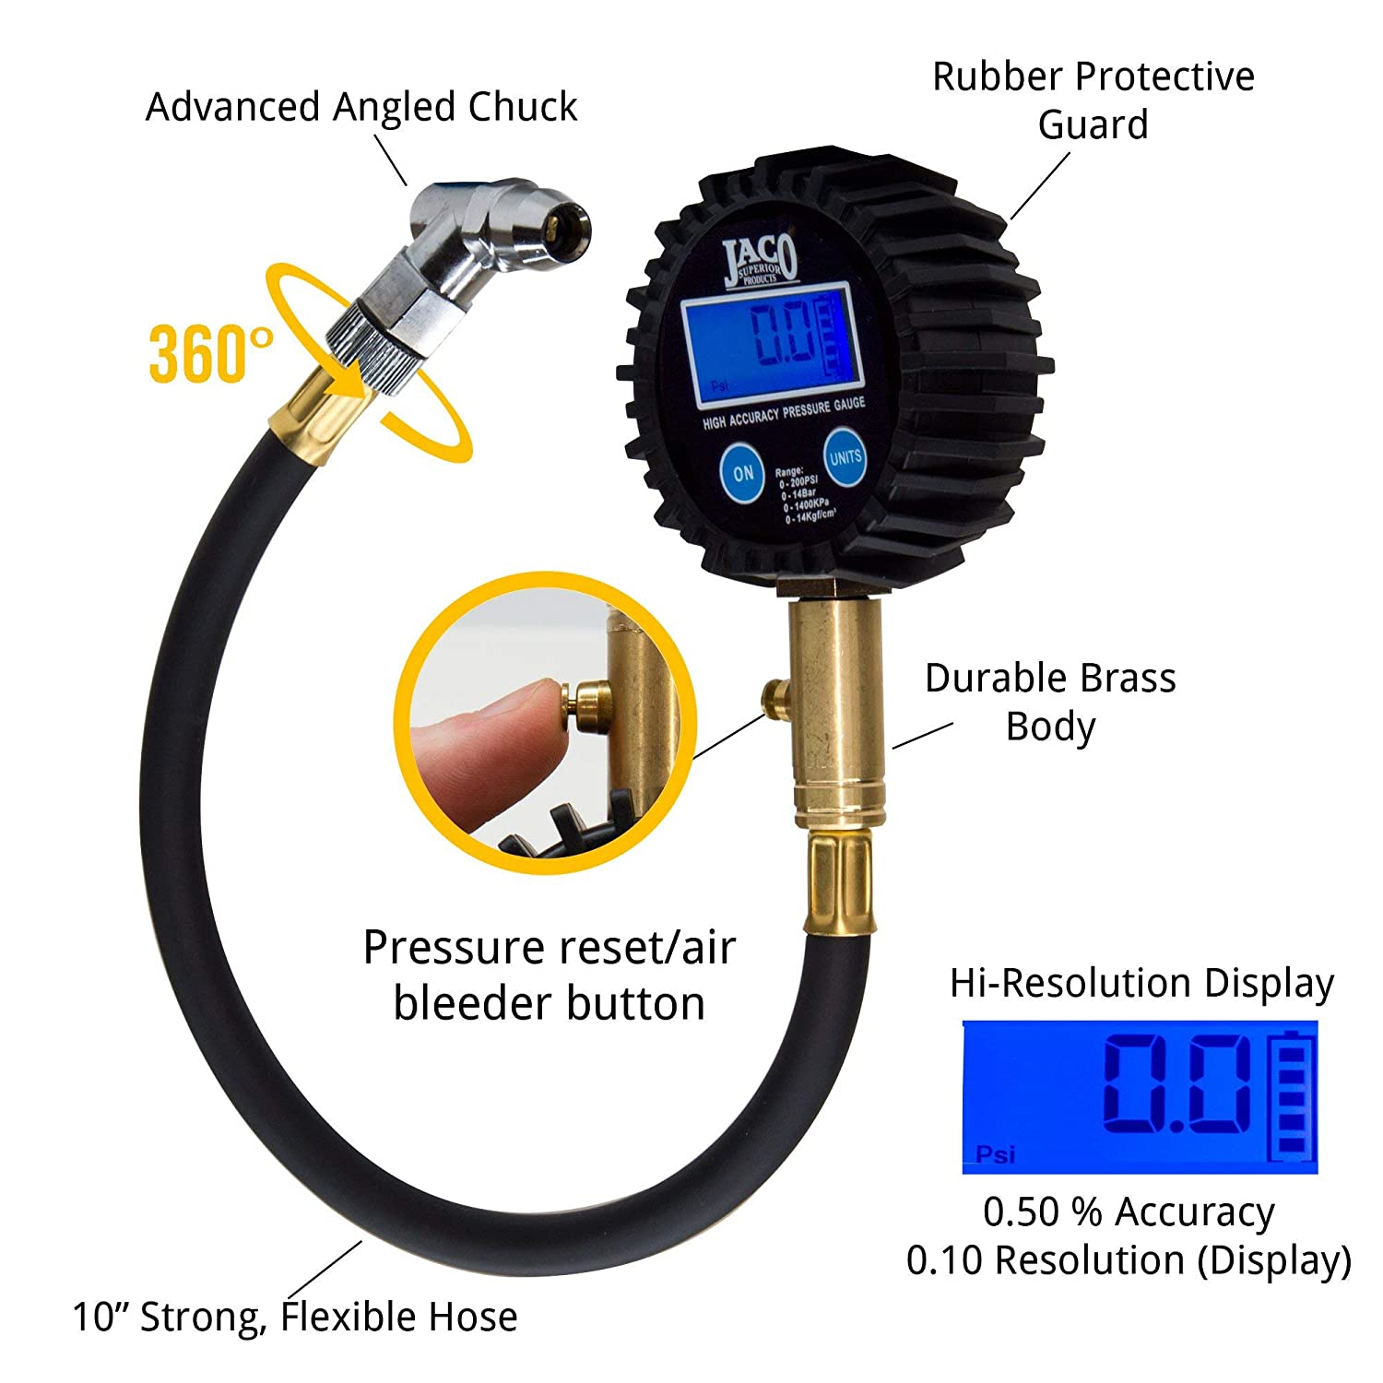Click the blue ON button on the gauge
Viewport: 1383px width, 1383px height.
(743, 473)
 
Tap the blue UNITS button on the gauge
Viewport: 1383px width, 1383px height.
(845, 457)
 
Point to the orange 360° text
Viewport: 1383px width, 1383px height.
(210, 353)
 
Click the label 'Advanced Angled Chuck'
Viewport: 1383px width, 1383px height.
(361, 107)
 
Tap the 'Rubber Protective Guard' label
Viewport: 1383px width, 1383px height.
(1093, 100)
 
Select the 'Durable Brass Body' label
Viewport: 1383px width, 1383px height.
(1050, 701)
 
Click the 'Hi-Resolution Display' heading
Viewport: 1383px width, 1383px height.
(1141, 983)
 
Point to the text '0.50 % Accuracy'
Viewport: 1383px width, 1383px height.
(1129, 1212)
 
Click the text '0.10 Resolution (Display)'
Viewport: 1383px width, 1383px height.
(1129, 1259)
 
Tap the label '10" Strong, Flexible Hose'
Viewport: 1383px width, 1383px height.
(295, 1317)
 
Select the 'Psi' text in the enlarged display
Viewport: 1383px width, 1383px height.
(996, 1154)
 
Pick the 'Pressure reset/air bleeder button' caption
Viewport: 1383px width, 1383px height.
(550, 975)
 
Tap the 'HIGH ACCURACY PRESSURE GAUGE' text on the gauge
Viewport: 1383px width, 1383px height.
(784, 413)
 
